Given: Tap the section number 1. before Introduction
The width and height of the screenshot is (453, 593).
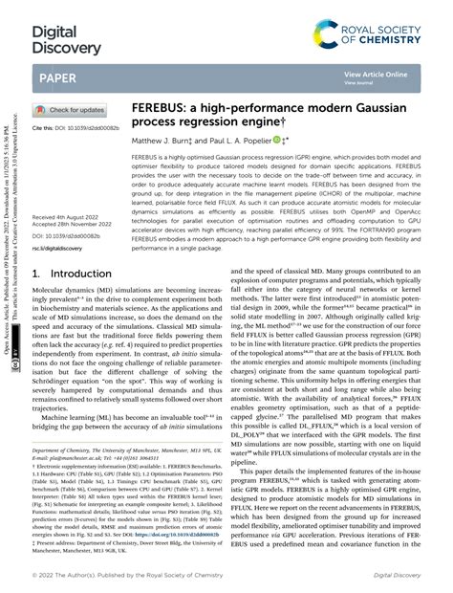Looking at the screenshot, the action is (x=36, y=274).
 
